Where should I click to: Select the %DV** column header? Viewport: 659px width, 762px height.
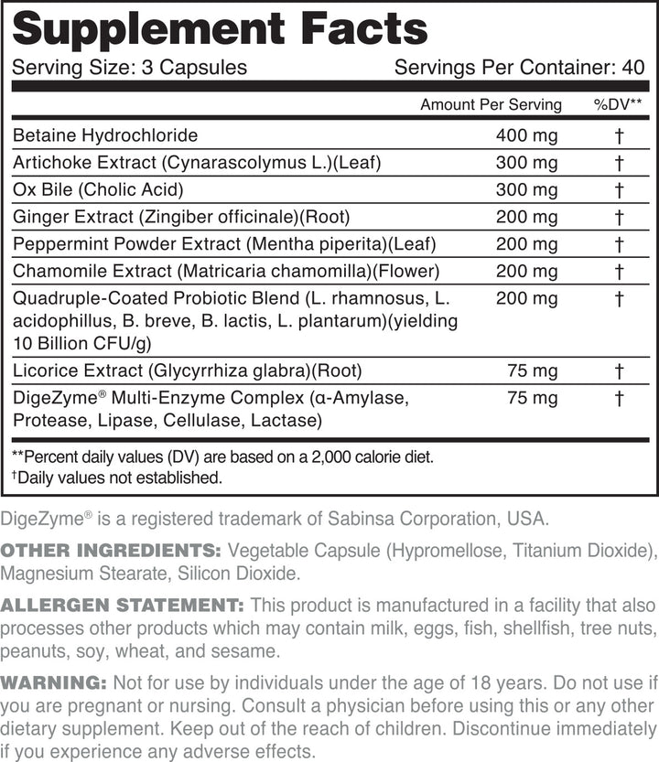(x=618, y=104)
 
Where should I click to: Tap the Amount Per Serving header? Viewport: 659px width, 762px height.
(x=491, y=104)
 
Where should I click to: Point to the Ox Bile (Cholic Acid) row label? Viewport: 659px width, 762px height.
(x=98, y=190)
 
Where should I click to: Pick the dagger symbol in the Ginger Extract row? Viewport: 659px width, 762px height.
(x=620, y=218)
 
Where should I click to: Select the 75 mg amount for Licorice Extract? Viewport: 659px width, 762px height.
(x=533, y=370)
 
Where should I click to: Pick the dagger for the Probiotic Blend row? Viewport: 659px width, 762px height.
(x=620, y=299)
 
